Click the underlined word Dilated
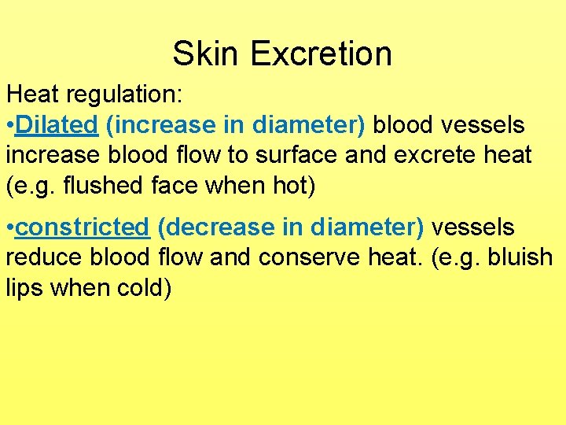(56, 125)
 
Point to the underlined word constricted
(83, 228)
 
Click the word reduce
(44, 258)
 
